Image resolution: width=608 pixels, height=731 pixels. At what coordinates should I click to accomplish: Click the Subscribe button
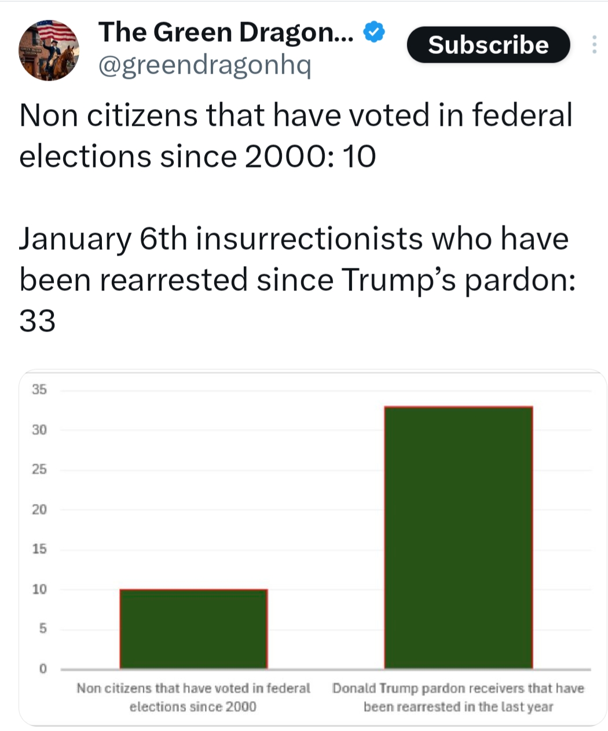(x=488, y=45)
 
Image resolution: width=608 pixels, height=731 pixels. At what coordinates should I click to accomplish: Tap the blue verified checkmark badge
(x=375, y=32)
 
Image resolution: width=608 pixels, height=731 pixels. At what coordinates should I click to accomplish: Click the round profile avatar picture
(x=49, y=50)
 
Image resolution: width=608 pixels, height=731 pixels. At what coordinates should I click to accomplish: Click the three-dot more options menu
(x=594, y=45)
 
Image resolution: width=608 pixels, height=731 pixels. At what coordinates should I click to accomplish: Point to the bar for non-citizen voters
(x=193, y=629)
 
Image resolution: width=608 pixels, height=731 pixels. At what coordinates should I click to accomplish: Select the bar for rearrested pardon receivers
(x=458, y=537)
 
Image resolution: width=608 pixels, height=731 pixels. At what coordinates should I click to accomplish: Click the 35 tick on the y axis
(x=39, y=390)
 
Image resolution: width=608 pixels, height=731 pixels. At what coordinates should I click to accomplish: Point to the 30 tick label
(x=39, y=430)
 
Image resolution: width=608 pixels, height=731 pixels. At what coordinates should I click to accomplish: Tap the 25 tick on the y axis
(x=39, y=470)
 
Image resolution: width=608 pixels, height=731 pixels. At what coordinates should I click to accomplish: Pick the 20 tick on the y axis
(x=39, y=510)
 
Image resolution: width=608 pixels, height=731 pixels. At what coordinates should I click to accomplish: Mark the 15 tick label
(x=39, y=549)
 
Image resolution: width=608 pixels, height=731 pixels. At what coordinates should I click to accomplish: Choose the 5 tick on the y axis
(x=42, y=629)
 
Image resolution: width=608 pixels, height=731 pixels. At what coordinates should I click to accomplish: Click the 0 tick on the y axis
(x=42, y=669)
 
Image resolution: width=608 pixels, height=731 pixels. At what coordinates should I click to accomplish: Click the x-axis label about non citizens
(x=193, y=697)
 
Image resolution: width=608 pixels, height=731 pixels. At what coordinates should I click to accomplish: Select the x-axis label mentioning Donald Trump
(x=458, y=697)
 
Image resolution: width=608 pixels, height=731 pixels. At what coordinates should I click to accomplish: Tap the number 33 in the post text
(x=37, y=321)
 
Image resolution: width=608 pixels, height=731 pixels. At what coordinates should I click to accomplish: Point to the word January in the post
(x=75, y=239)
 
